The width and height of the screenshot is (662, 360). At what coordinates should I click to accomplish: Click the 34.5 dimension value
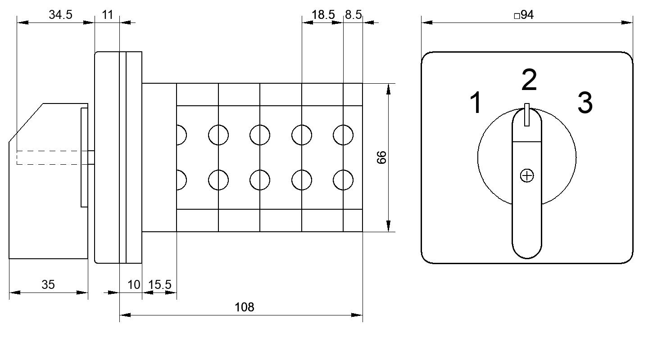point(60,14)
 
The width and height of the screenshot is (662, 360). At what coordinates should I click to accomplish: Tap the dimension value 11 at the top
point(107,14)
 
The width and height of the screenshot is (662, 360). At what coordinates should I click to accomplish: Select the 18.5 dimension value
point(323,14)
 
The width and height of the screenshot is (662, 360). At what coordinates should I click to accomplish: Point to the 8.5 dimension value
point(354,14)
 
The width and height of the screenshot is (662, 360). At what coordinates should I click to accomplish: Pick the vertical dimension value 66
point(381,157)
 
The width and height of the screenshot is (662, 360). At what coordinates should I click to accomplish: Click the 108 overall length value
point(244,307)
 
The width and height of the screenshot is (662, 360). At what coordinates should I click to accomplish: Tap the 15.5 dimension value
point(159,285)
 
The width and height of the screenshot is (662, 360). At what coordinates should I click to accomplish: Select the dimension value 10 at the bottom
point(134,285)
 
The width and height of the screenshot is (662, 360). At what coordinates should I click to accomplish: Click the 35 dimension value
point(48,284)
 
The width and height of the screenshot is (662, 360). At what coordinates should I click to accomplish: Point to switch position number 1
point(476,103)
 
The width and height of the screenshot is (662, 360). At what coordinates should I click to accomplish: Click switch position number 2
point(529,80)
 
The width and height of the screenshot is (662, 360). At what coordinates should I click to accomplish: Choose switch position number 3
point(585,103)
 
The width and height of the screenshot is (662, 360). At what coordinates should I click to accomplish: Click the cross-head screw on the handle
point(527,175)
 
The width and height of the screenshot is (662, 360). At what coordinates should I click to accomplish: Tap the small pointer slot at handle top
point(526,115)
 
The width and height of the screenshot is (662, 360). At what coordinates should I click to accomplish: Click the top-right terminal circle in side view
point(343,135)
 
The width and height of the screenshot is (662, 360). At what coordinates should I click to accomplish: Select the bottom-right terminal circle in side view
point(343,180)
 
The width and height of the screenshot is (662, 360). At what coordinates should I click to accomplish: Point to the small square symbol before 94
point(517,16)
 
